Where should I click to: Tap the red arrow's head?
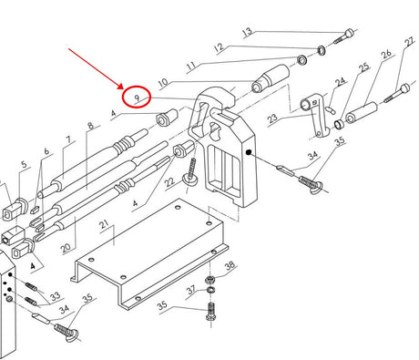click(x=120, y=86)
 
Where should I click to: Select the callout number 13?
click(x=248, y=32)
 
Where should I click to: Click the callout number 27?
click(x=409, y=42)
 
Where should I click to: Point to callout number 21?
click(x=104, y=225)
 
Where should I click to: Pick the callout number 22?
click(x=169, y=182)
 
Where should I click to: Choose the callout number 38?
click(x=230, y=265)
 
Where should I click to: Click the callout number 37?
click(x=191, y=290)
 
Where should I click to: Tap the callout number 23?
click(x=272, y=118)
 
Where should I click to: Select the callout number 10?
click(x=163, y=82)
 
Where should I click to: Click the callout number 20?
click(x=66, y=248)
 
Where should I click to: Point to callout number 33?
click(x=56, y=295)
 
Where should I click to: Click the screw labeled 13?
click(x=343, y=36)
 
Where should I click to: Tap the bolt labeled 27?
click(x=396, y=93)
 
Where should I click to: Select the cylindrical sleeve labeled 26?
click(x=362, y=113)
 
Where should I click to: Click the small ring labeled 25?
click(x=339, y=124)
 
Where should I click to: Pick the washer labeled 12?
click(x=322, y=50)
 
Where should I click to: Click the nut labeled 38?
click(x=209, y=279)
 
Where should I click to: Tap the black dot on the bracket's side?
click(x=249, y=152)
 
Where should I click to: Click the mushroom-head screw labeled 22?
click(x=190, y=171)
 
